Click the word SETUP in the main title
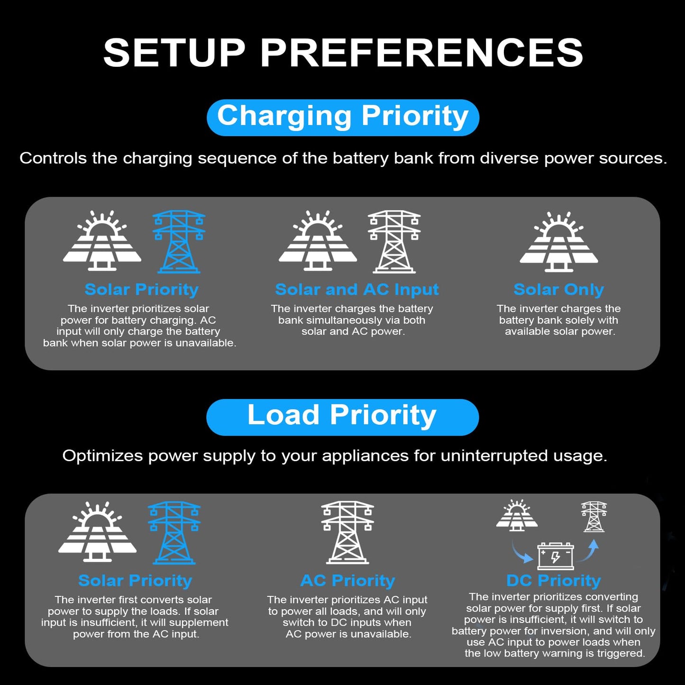(x=174, y=53)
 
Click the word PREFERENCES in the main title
(x=422, y=53)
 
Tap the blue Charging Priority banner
(x=343, y=118)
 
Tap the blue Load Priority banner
(x=342, y=417)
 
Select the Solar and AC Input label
(x=357, y=290)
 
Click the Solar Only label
(x=558, y=290)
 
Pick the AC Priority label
(x=347, y=581)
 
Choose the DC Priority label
(x=554, y=581)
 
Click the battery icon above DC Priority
(x=556, y=556)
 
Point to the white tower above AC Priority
(x=347, y=532)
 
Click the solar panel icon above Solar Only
(x=558, y=242)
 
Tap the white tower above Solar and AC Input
(x=394, y=242)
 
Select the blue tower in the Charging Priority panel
(x=179, y=242)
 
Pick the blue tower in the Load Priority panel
(x=174, y=532)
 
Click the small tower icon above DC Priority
(x=594, y=517)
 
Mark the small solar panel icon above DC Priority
(x=517, y=515)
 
